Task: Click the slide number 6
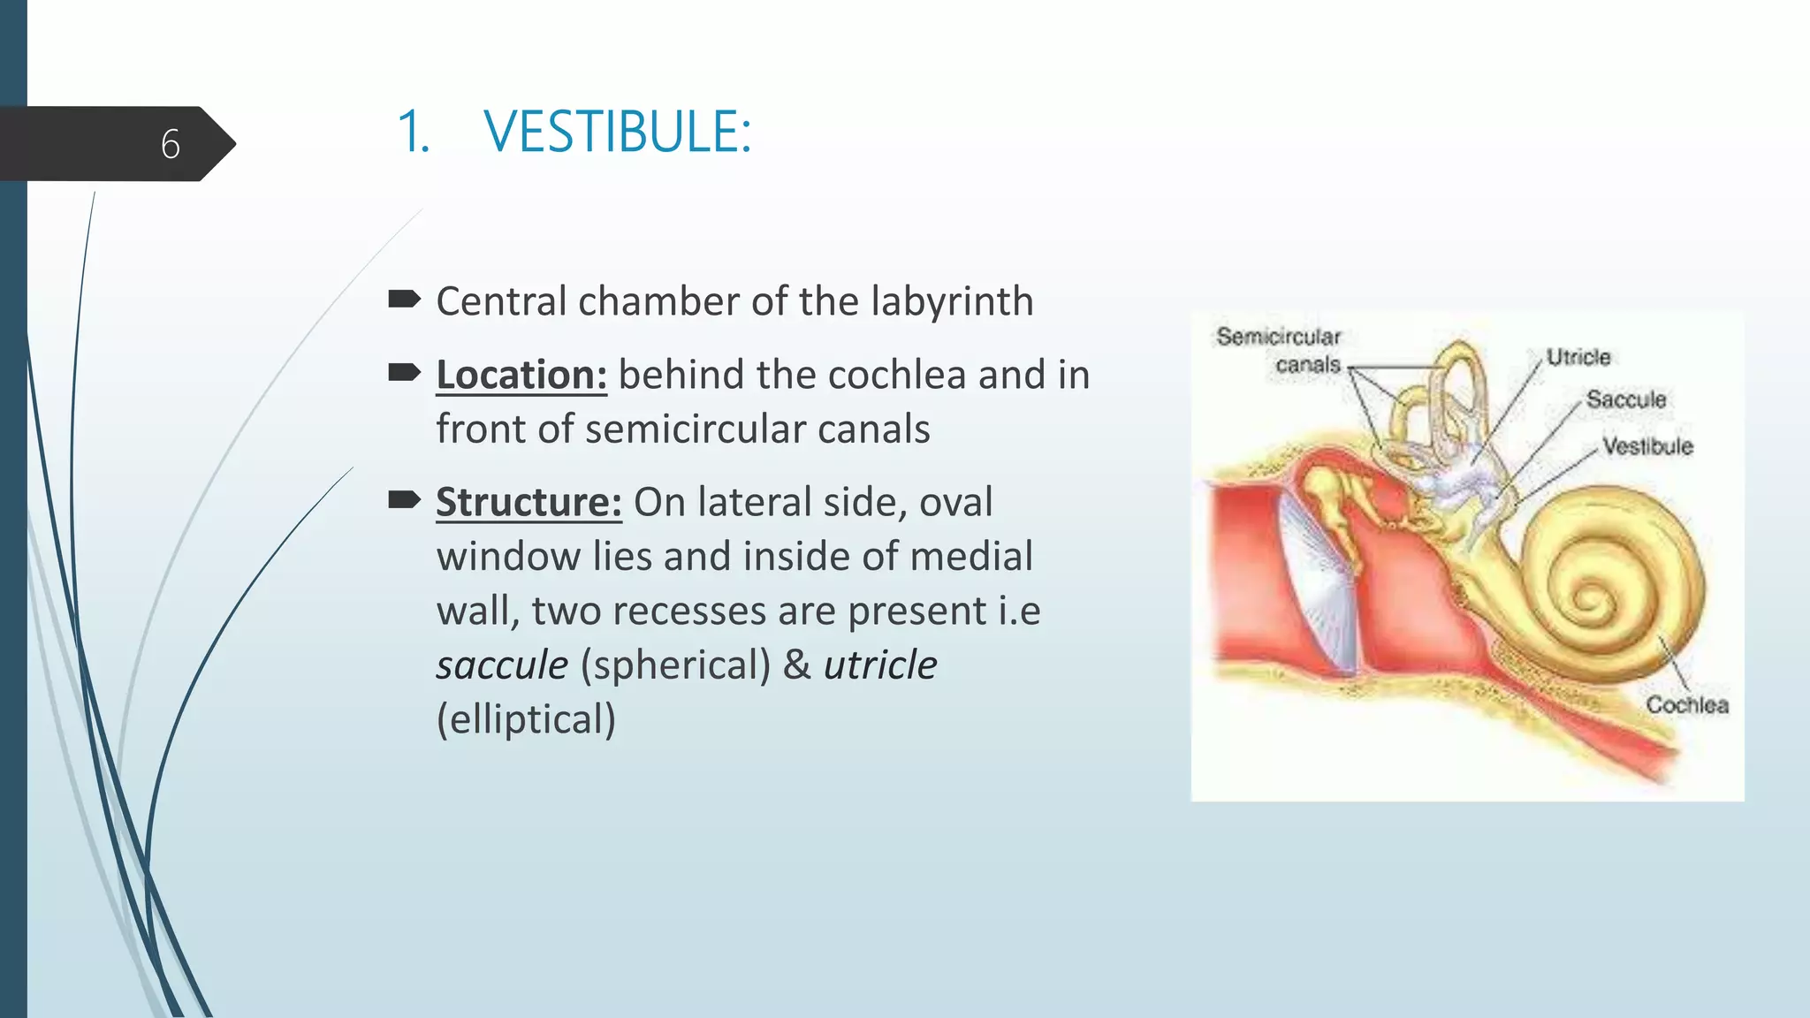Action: coord(171,144)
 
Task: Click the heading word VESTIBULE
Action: coord(617,133)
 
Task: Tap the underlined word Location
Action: coord(521,375)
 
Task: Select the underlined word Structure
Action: coord(529,502)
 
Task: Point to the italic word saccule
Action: coord(502,665)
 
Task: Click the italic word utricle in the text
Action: coord(880,665)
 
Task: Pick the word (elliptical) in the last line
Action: coord(526,719)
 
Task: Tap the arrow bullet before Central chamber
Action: coord(404,300)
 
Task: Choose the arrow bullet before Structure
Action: coord(404,500)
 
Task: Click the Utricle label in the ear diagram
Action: coord(1578,357)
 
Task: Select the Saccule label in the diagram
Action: coord(1625,399)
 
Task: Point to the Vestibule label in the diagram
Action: coord(1647,446)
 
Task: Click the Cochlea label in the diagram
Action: coord(1686,705)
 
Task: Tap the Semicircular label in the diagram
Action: coord(1278,337)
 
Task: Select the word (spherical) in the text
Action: coord(675,665)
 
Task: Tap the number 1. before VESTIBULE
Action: coord(413,133)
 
